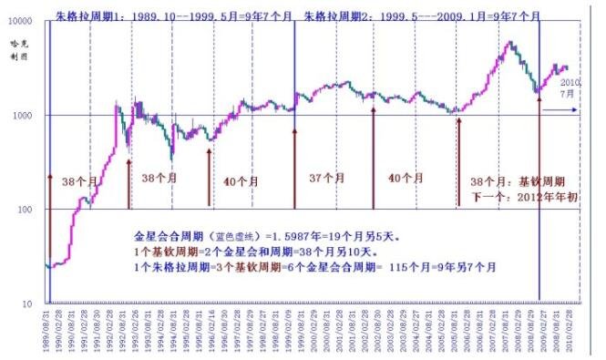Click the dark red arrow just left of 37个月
tap(294, 169)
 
